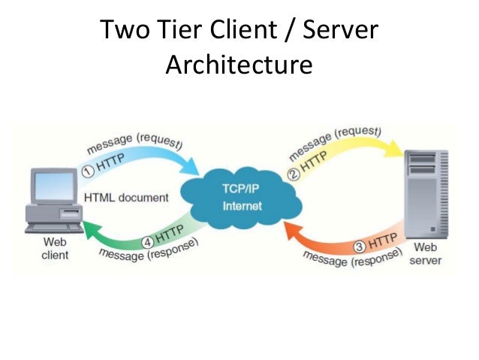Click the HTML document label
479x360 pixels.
(x=126, y=198)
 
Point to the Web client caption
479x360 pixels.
(x=55, y=249)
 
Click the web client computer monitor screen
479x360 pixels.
(x=54, y=184)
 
